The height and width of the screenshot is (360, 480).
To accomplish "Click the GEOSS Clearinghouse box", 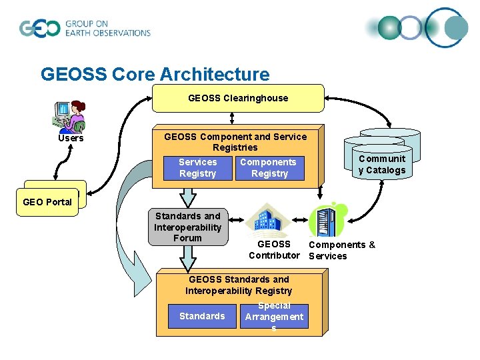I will tap(238, 98).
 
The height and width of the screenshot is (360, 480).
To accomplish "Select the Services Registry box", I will tap(197, 168).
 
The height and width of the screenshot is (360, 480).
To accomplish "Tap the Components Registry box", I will tap(269, 168).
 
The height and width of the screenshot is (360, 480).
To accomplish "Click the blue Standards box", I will tap(202, 316).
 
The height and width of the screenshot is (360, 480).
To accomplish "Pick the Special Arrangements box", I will tap(273, 317).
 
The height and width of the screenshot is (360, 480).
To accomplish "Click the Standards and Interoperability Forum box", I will tap(187, 227).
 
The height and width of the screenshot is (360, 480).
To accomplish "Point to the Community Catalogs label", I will tap(381, 165).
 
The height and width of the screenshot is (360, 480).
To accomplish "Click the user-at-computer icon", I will tap(70, 116).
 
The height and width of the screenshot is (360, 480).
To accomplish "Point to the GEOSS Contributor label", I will tap(274, 250).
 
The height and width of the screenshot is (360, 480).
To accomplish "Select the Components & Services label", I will tap(341, 250).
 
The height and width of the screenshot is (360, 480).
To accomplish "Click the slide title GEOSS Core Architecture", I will tap(155, 74).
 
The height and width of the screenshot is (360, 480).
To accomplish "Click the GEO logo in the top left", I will tap(39, 29).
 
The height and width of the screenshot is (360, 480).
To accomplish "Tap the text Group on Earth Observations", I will tap(107, 29).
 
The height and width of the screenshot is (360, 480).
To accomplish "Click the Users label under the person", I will tap(71, 138).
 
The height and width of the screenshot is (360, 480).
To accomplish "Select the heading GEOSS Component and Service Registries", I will tap(235, 141).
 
